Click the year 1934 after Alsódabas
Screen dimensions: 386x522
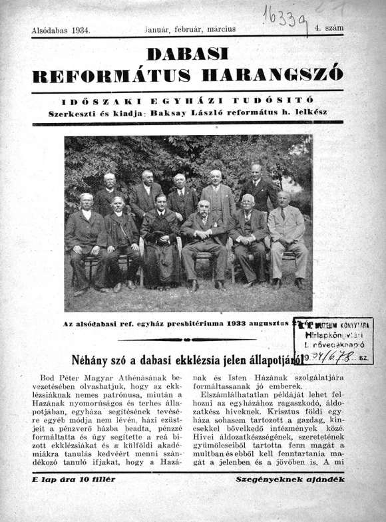(x=80, y=30)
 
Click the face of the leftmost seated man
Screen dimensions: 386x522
(x=86, y=199)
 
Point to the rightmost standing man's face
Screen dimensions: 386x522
(x=256, y=170)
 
